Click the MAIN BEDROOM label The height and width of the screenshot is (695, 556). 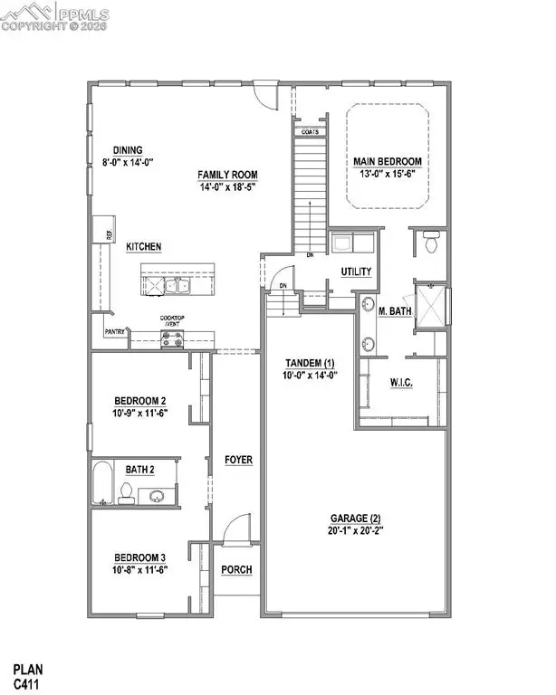(387, 162)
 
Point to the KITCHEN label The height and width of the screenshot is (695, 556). (143, 246)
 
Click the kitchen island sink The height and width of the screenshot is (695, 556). (171, 286)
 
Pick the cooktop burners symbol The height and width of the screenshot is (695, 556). (172, 338)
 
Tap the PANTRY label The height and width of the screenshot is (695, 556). (114, 332)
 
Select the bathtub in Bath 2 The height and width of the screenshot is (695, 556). (101, 484)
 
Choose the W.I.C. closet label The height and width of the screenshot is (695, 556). (401, 383)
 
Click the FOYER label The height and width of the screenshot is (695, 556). (238, 460)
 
